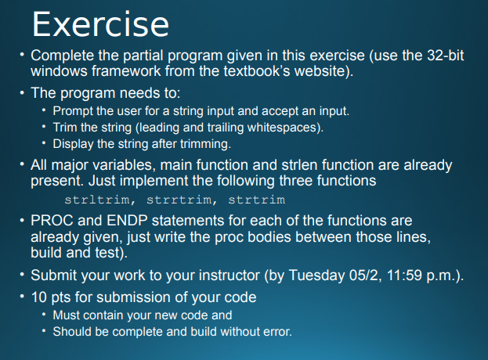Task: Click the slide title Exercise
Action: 100,24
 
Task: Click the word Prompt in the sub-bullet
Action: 74,110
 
